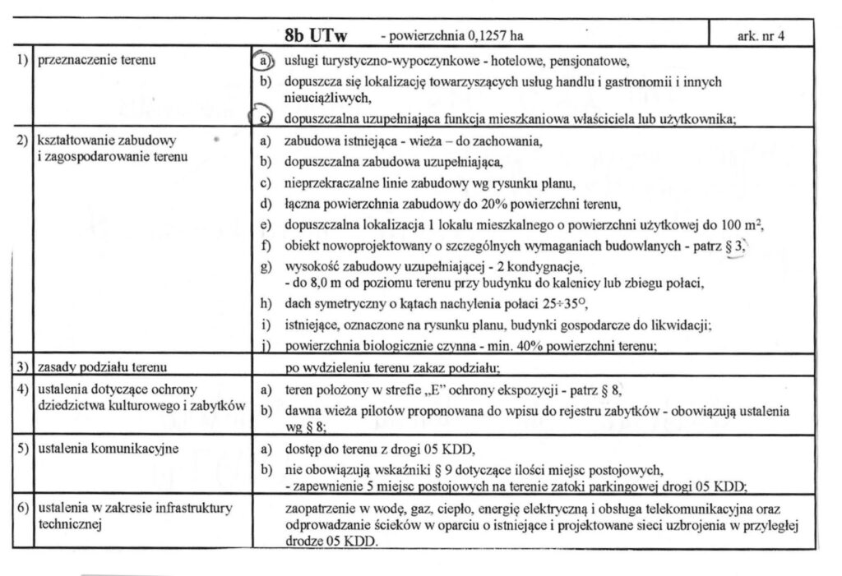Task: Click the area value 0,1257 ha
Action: click(x=494, y=36)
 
